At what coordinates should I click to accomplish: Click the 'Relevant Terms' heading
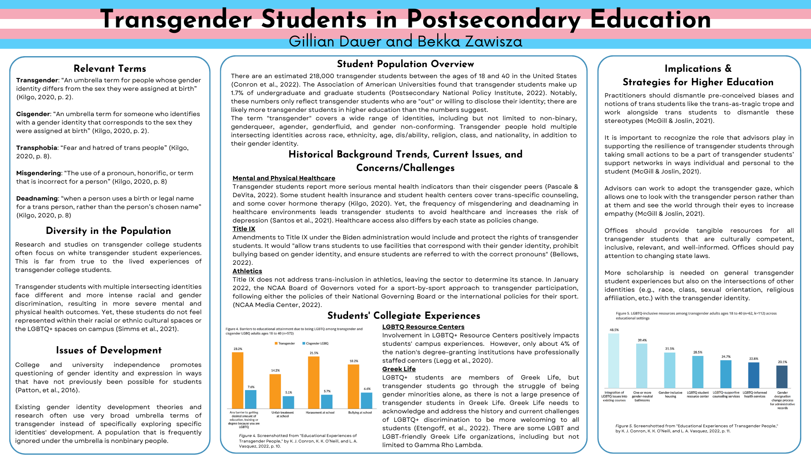click(x=110, y=68)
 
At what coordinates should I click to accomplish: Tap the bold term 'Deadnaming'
click(x=37, y=198)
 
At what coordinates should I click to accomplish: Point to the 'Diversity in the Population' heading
click(x=109, y=231)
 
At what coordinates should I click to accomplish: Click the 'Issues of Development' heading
click(x=109, y=350)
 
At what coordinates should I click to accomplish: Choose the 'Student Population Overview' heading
click(x=405, y=64)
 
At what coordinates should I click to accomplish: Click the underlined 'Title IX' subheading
click(x=244, y=229)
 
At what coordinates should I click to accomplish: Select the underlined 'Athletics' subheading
click(x=247, y=271)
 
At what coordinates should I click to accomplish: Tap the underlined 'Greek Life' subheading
click(x=399, y=369)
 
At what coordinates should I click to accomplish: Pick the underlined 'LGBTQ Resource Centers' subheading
click(x=423, y=327)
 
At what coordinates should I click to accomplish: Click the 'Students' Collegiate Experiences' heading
click(x=404, y=315)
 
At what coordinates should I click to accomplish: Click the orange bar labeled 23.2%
click(x=237, y=380)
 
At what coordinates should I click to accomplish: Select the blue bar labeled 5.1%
click(x=288, y=402)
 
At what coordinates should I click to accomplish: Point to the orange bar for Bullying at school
click(x=354, y=386)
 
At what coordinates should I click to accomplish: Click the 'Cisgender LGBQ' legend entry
click(x=317, y=343)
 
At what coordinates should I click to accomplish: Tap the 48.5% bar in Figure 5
click(x=614, y=361)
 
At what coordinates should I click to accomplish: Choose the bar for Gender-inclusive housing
click(x=670, y=370)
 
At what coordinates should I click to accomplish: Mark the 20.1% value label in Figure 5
click(x=782, y=362)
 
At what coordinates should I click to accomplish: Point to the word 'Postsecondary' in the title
click(x=494, y=19)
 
